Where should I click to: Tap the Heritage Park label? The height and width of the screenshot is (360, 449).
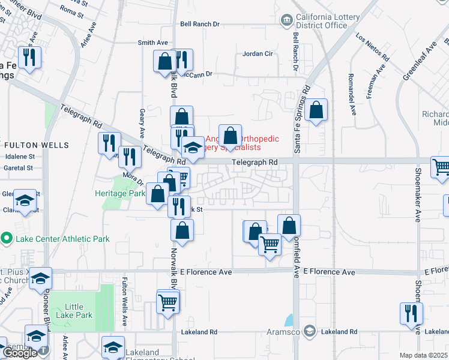[119, 194]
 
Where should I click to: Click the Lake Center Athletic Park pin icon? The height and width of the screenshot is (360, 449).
[7, 239]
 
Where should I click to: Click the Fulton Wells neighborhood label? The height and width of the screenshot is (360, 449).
[37, 145]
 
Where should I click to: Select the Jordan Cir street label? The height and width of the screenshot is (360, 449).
[258, 54]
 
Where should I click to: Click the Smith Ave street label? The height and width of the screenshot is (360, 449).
[153, 43]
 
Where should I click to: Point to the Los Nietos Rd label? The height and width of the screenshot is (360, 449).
[373, 47]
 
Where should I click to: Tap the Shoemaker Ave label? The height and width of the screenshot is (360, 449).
[417, 192]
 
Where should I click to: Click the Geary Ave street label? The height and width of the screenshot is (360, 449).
[142, 124]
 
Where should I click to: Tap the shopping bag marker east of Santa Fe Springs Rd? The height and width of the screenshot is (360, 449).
[316, 110]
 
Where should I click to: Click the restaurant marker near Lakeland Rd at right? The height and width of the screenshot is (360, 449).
[411, 314]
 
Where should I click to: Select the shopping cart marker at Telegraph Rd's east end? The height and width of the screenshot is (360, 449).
[441, 167]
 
